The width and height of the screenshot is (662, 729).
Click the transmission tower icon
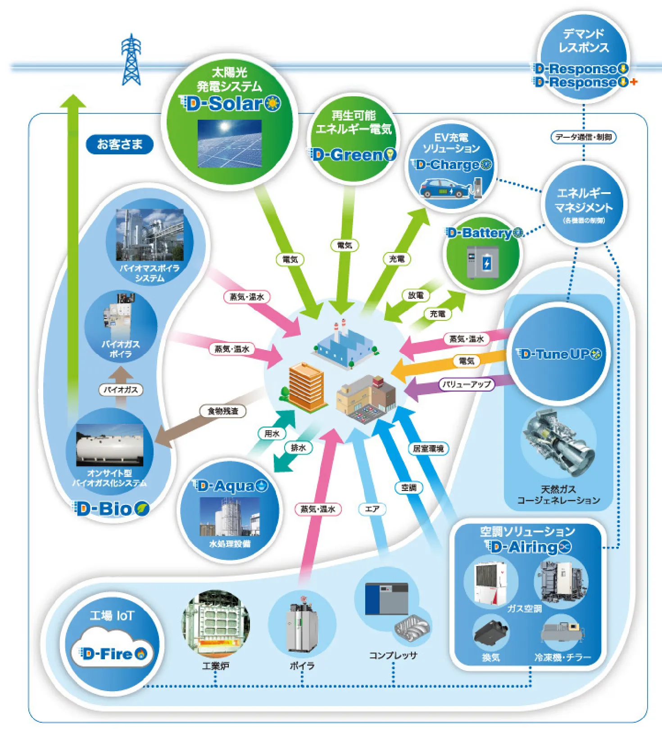pos(131,60)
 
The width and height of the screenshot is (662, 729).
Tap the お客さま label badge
pos(119,144)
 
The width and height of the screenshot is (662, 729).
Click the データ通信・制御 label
pos(583,137)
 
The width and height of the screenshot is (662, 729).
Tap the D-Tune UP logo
pos(558,354)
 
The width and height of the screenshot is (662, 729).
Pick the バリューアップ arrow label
pos(466,384)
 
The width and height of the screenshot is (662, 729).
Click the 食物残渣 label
pos(223,411)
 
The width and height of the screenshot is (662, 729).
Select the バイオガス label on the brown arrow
pos(121,390)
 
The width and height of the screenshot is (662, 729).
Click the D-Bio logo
pos(110,509)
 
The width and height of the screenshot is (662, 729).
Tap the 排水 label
pos(298,448)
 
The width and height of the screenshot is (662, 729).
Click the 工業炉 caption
pos(216,666)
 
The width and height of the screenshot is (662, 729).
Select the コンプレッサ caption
pos(393,655)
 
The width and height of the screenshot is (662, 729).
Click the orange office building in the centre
pos(306,386)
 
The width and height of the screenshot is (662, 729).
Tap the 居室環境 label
pos(428,449)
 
